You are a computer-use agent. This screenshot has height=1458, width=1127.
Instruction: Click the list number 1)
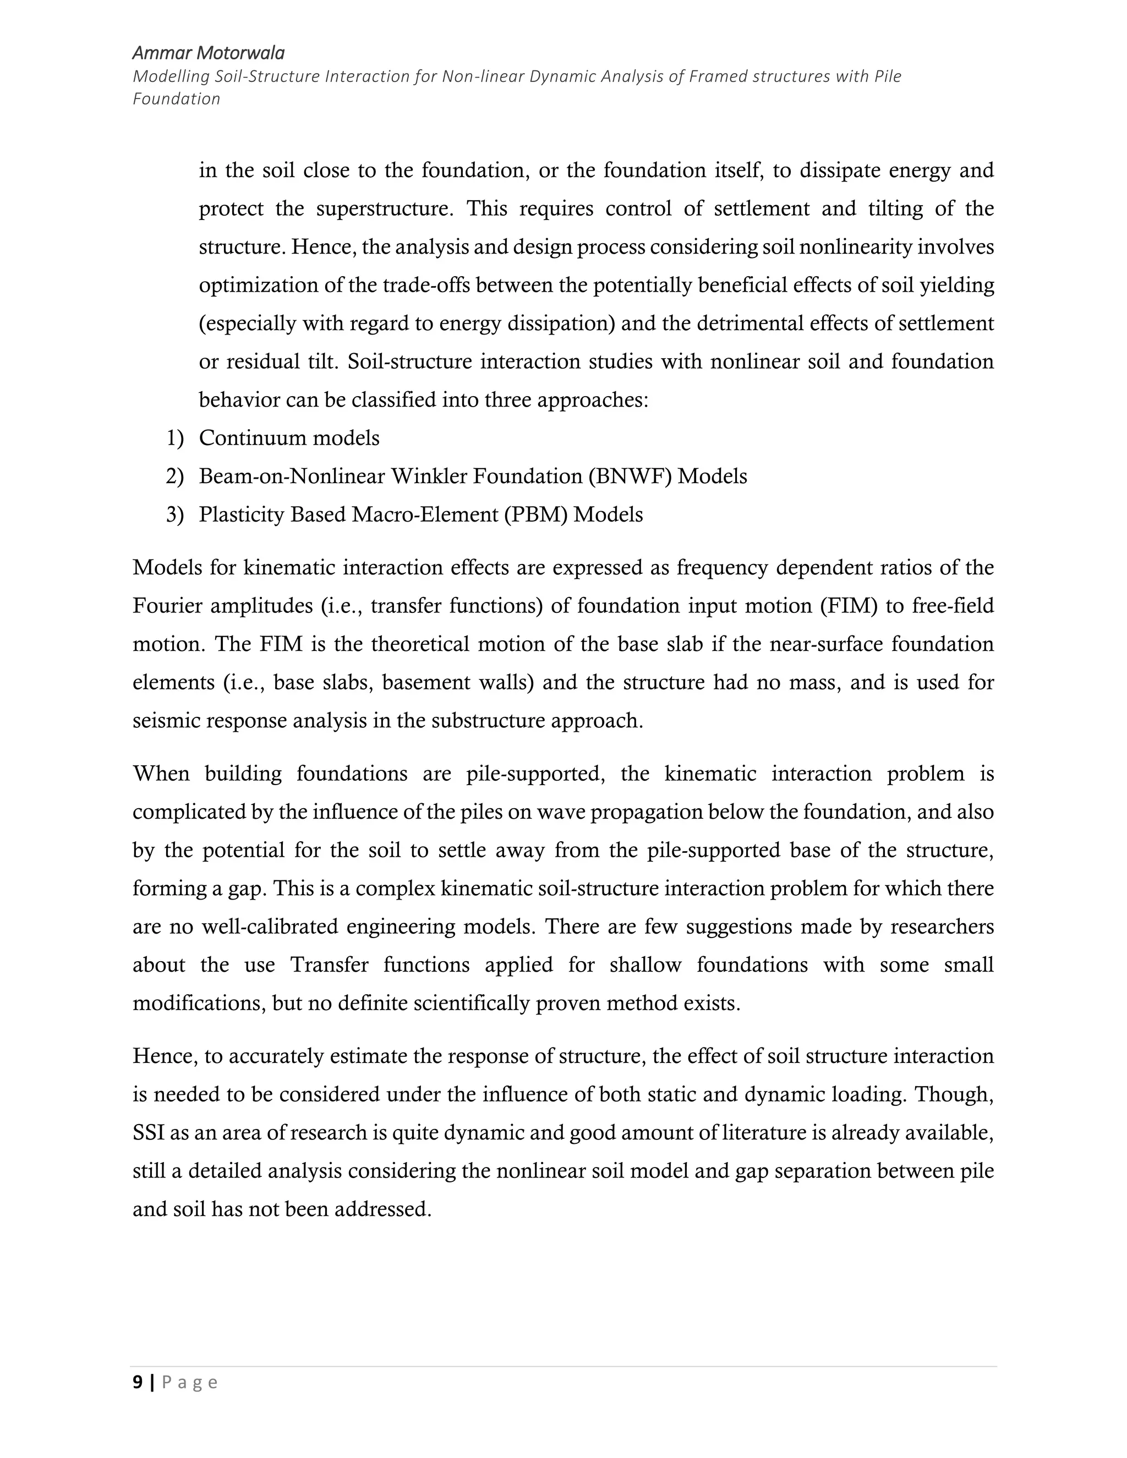tap(174, 439)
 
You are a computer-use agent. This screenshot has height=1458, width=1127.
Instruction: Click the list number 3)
tap(174, 515)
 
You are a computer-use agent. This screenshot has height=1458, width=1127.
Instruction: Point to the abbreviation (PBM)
tap(536, 515)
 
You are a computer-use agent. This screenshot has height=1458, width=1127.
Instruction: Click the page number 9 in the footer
tap(138, 1383)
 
